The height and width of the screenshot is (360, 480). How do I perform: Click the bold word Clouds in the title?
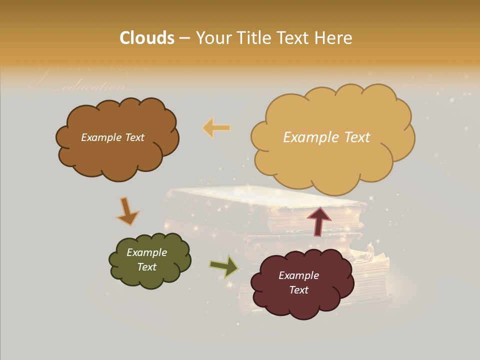point(147,38)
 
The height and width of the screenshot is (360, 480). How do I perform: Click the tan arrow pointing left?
point(216,128)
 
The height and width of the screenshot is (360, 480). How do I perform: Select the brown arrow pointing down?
point(127,211)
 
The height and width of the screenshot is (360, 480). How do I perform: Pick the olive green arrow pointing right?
point(224,266)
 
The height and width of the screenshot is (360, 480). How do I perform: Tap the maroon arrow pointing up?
point(318,220)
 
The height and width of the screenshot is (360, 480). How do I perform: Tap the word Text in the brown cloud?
point(134,137)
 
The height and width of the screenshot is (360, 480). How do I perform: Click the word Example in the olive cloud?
point(146,252)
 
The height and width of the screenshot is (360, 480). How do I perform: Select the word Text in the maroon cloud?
point(298,290)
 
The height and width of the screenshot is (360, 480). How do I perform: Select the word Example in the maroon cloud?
point(298,275)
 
